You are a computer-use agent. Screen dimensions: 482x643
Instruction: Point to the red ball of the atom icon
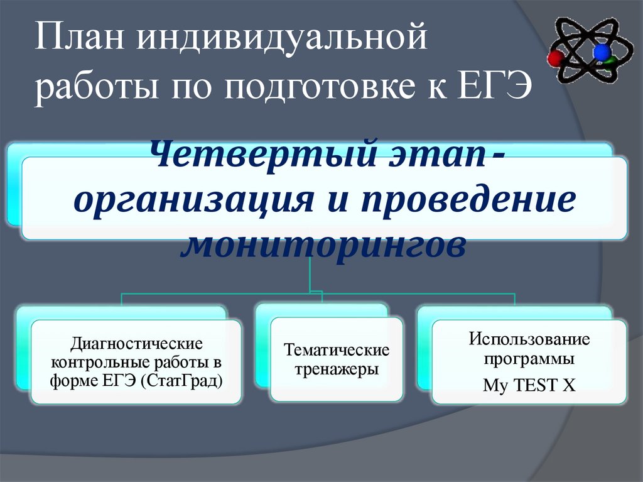click(x=555, y=58)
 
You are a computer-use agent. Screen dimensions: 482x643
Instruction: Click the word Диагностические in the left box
click(x=136, y=344)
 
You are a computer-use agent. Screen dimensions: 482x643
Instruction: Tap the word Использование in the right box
click(x=529, y=339)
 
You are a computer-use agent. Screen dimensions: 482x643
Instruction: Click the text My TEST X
click(x=529, y=385)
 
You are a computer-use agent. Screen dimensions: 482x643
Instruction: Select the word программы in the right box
click(x=529, y=361)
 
